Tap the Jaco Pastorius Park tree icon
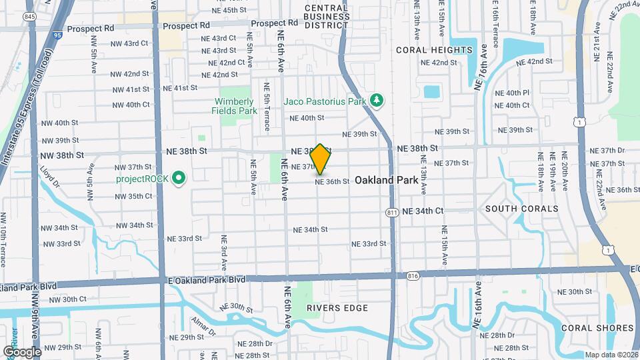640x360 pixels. tap(377, 101)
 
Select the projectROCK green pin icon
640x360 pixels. tap(178, 179)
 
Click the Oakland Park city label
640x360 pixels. tap(386, 180)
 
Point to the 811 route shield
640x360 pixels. tap(392, 212)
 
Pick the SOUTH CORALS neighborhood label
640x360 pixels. tap(521, 209)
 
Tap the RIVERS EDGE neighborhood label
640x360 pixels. tap(337, 308)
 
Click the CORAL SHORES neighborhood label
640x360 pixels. tap(597, 328)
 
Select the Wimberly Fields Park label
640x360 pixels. tap(235, 106)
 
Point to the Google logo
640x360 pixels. tap(22, 352)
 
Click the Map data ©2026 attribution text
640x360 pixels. tap(611, 355)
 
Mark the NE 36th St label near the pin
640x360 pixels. tap(332, 181)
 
